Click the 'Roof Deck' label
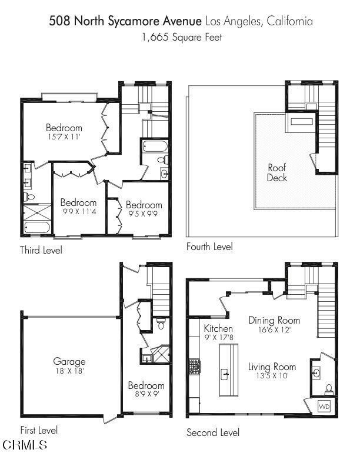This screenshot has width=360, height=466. click(x=277, y=172)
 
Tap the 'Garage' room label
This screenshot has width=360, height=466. click(x=69, y=361)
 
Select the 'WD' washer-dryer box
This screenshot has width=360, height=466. click(x=324, y=407)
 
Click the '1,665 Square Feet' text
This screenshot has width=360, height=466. click(x=180, y=36)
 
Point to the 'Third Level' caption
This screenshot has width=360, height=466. click(x=41, y=250)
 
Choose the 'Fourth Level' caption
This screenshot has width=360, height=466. click(x=209, y=247)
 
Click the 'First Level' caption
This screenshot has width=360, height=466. click(x=39, y=430)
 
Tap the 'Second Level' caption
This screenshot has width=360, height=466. click(x=213, y=432)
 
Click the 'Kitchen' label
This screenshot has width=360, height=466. click(x=218, y=328)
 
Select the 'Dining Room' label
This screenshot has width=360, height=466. click(x=274, y=320)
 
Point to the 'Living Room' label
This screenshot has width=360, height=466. click(x=272, y=367)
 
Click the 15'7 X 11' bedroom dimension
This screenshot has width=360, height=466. click(x=64, y=137)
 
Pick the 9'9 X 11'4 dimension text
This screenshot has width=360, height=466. click(x=78, y=212)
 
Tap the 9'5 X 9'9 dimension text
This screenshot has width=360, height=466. click(x=144, y=214)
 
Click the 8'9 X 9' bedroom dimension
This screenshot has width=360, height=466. click(x=146, y=395)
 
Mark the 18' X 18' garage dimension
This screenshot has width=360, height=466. click(x=69, y=371)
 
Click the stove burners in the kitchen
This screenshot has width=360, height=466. click(x=194, y=366)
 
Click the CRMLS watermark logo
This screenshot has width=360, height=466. click(x=25, y=445)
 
